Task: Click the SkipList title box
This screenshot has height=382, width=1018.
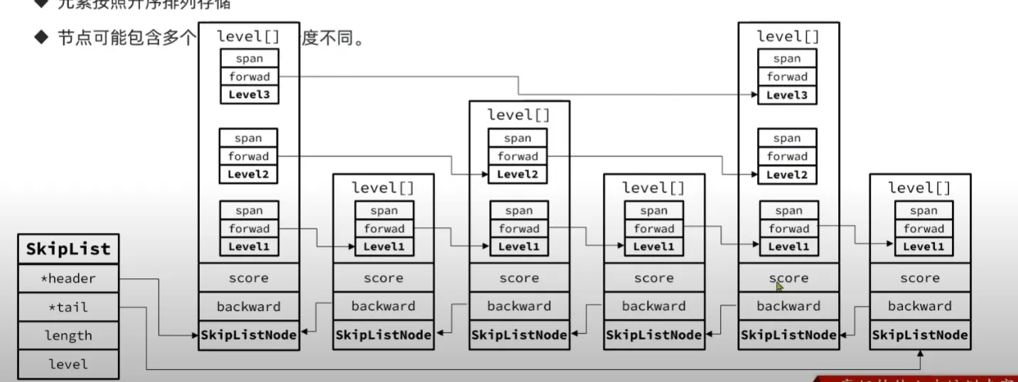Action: point(68,249)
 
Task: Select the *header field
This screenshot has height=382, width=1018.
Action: point(68,278)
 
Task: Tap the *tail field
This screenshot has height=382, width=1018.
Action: point(68,307)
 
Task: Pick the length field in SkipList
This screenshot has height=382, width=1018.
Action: point(68,336)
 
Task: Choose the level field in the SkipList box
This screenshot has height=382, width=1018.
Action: point(68,364)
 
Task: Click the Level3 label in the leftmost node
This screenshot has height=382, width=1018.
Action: point(249,94)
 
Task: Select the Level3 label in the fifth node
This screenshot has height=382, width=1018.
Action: point(787,94)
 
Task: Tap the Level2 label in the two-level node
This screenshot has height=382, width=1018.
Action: point(518,174)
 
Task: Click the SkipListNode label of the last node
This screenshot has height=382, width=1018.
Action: point(920,334)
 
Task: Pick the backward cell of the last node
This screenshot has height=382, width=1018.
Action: point(920,306)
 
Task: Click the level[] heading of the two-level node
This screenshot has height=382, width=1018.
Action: point(518,114)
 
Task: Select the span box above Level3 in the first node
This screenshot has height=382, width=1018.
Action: point(249,59)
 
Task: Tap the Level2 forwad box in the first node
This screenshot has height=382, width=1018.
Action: point(249,156)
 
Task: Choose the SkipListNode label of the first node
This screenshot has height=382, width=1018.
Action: point(249,334)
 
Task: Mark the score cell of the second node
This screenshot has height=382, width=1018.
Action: point(383,278)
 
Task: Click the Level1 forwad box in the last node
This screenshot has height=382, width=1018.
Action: point(923,229)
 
